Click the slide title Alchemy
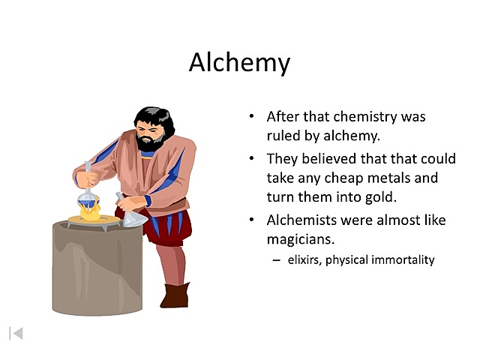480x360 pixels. click(239, 62)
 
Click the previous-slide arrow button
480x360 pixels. click(16, 332)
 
